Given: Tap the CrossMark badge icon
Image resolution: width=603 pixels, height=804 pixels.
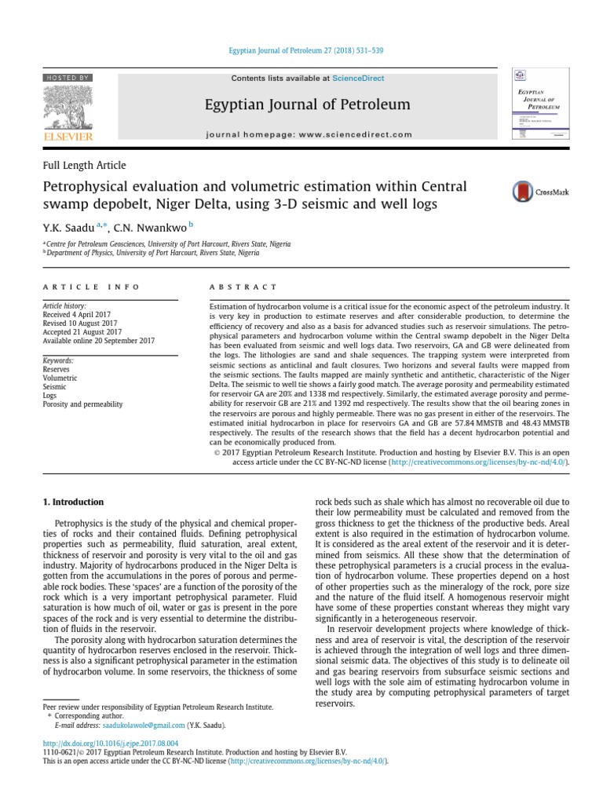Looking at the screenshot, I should click(x=521, y=192).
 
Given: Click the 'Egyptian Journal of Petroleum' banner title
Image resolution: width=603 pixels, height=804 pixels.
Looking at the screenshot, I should click(x=308, y=104).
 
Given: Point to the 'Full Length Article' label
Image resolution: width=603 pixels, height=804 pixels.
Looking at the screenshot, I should click(x=84, y=166).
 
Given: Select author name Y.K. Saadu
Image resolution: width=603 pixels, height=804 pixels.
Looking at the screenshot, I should click(x=68, y=228).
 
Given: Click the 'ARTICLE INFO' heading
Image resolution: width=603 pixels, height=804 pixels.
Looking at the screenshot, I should click(x=91, y=287).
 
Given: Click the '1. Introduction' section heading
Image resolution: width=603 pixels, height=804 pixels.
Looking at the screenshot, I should click(x=72, y=502).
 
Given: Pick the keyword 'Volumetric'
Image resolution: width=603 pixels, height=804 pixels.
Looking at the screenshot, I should click(x=60, y=378).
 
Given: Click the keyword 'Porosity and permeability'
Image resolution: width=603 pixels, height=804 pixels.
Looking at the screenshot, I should click(x=82, y=404).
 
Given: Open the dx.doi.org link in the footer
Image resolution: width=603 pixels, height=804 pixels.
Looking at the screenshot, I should click(x=111, y=743).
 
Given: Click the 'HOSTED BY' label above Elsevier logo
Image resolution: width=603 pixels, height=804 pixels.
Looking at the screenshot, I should click(x=68, y=78).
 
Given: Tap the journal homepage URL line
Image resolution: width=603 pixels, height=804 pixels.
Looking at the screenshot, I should click(x=308, y=134).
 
